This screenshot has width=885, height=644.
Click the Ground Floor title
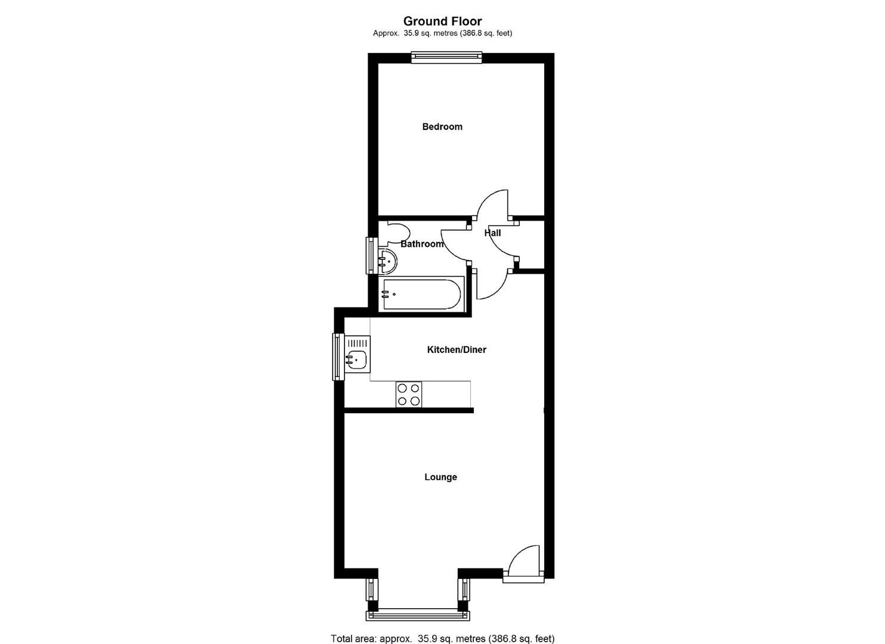pos(442,21)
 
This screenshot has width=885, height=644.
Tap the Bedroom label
pos(442,126)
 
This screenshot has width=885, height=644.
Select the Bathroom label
pos(421,244)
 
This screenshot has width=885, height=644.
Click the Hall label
pos(492,233)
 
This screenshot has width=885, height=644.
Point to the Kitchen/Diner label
pos(457,349)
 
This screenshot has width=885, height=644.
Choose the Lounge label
pos(440,477)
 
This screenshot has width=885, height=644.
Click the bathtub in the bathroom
pos(423,294)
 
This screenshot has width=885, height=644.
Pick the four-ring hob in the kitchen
pos(408,395)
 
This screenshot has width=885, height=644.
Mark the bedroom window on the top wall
pos(446,57)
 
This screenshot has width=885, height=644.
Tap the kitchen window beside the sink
pos(337,356)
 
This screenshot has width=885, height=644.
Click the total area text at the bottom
pos(442,638)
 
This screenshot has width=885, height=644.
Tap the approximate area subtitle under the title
pos(442,33)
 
